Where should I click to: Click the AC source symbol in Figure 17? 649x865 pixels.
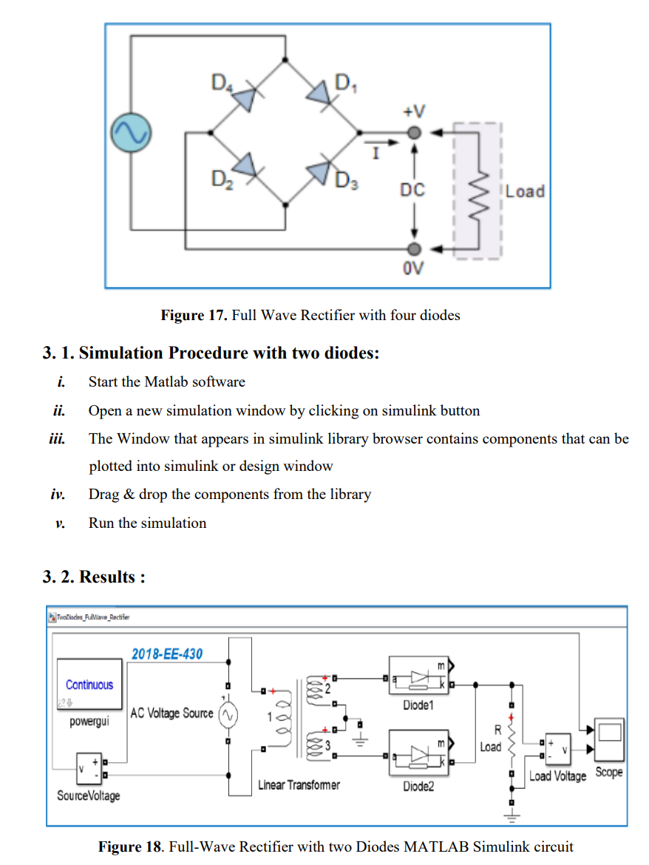131,134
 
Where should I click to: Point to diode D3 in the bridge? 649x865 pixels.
321,170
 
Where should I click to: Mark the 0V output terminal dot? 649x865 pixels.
415,248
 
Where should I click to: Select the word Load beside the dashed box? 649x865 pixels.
526,191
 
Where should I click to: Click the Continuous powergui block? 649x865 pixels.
89,685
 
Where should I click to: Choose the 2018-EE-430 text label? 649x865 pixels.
167,654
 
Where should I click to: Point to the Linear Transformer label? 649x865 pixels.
299,785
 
